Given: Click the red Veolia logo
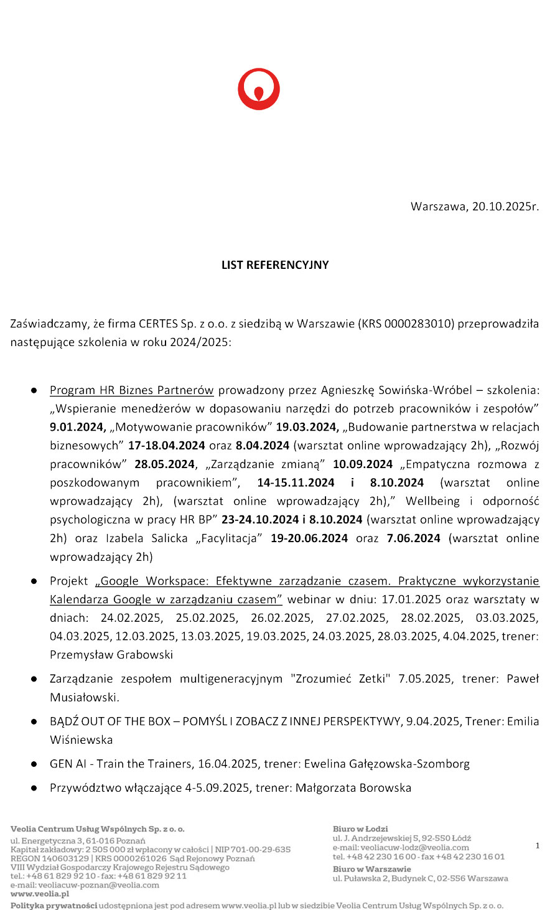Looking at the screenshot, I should click(x=259, y=90).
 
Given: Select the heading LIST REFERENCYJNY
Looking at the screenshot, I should click(x=275, y=265).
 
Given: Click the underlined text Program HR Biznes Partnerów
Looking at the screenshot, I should click(x=132, y=390).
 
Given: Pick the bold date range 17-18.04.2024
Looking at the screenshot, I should click(x=166, y=446).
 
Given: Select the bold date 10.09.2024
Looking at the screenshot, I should click(x=363, y=464).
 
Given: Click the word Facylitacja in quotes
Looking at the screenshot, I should click(x=229, y=538).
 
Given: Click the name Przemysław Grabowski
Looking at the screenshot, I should click(x=111, y=655).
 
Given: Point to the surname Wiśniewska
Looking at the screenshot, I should click(x=82, y=740).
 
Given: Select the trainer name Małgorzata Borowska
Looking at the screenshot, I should click(x=353, y=788).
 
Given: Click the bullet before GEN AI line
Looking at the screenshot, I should click(x=35, y=764).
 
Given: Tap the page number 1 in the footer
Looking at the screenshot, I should click(x=538, y=845).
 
